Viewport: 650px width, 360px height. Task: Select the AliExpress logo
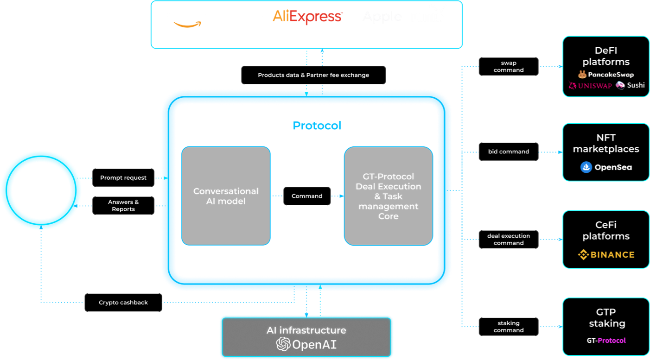coord(307,17)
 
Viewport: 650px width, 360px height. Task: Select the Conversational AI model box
coord(226,196)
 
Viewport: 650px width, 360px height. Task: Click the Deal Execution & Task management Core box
coord(388,196)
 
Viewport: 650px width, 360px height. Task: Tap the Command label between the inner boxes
coord(307,196)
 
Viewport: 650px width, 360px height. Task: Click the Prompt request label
coord(123,177)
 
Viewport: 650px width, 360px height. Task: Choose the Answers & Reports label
coord(123,205)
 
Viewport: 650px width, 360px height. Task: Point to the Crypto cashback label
coord(123,303)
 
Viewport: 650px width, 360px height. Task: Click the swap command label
coord(509,66)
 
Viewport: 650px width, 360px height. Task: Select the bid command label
coord(509,152)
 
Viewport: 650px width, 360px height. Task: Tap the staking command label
coord(509,327)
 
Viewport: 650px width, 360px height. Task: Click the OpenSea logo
coord(606,167)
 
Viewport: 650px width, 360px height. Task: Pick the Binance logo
coord(606,254)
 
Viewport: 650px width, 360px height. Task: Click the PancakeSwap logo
coord(606,74)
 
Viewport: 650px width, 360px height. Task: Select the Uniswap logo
coord(590,85)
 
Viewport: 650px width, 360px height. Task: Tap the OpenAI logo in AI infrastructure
coord(306,344)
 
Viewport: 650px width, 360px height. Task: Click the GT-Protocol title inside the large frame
coord(306,126)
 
